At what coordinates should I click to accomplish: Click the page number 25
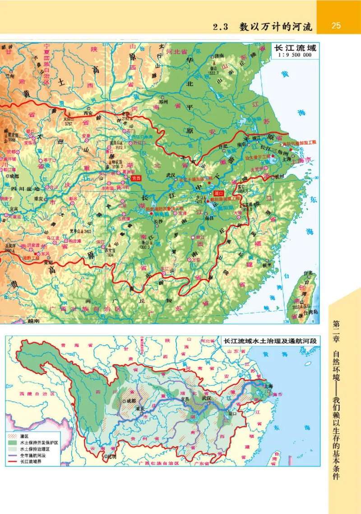pos(336,25)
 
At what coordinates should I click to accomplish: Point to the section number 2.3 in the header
pos(222,26)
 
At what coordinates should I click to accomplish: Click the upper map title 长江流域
pos(293,47)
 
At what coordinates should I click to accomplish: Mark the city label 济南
pos(220,56)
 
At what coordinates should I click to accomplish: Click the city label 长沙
pos(157,222)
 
